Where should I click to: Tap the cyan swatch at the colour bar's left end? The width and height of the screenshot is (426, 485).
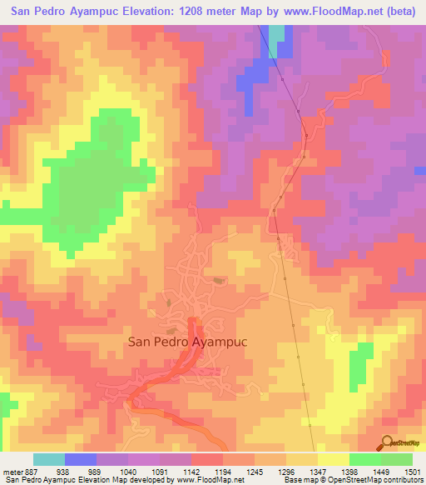49,459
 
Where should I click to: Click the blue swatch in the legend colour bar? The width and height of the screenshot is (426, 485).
81,459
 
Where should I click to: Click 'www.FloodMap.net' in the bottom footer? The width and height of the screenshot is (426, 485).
207,480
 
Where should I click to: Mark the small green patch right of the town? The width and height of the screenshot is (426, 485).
360,363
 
